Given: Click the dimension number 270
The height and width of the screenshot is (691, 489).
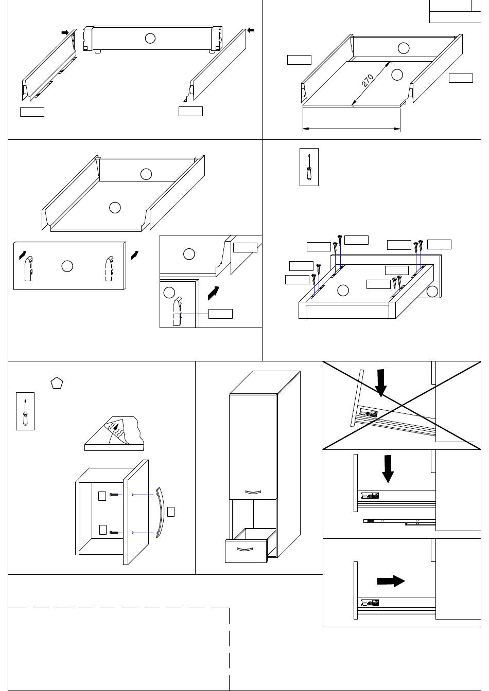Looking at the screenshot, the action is click(367, 81).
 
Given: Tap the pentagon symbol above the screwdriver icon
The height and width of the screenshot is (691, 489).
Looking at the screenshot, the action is click(57, 383).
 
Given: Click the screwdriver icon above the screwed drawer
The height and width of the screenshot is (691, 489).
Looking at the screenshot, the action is click(309, 167).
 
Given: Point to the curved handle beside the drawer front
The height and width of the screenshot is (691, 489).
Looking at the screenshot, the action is click(161, 513).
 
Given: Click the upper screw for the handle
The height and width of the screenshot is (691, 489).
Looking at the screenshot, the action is click(114, 495).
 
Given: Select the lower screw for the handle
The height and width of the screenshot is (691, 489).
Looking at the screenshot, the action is click(114, 533).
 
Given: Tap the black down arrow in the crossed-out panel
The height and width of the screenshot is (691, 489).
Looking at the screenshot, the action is click(381, 383).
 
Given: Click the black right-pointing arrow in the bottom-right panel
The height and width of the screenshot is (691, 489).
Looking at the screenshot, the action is click(391, 581).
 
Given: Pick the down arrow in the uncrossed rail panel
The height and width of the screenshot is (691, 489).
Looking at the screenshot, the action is click(388, 468).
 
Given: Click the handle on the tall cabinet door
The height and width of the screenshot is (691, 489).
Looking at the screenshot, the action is click(253, 493).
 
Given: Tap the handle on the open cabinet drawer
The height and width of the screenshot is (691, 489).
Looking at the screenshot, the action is click(244, 549).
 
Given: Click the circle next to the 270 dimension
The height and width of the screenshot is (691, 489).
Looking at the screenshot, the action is click(397, 75).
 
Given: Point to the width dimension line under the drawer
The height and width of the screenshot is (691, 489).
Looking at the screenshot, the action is click(352, 129).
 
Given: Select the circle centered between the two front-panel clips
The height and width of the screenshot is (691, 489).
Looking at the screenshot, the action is click(67, 266).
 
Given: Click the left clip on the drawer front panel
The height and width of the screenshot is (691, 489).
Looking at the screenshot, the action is click(28, 269).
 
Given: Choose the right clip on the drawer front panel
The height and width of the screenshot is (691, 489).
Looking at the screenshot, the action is click(109, 268).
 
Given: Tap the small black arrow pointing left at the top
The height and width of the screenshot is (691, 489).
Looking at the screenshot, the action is click(251, 30).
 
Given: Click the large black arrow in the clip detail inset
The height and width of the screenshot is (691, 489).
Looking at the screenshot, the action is click(214, 293).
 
